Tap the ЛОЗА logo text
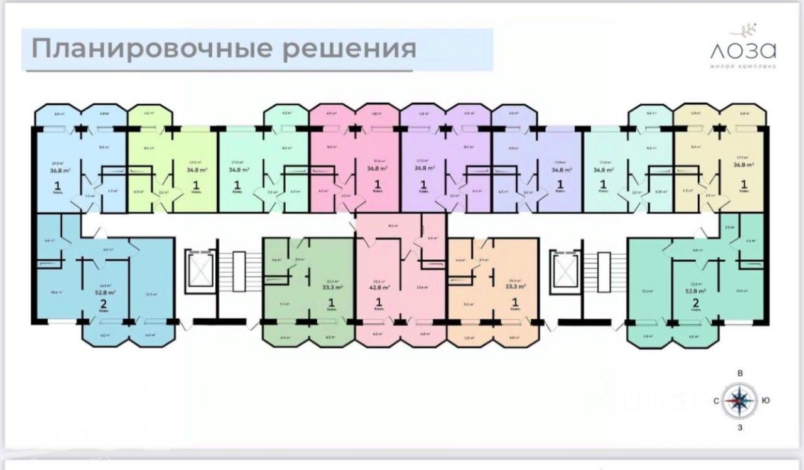tap(742, 50)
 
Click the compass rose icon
tap(741, 399)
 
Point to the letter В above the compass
tap(741, 374)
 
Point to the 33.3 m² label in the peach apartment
tap(515, 288)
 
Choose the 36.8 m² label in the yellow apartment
tap(744, 166)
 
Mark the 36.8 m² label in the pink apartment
tap(378, 168)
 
